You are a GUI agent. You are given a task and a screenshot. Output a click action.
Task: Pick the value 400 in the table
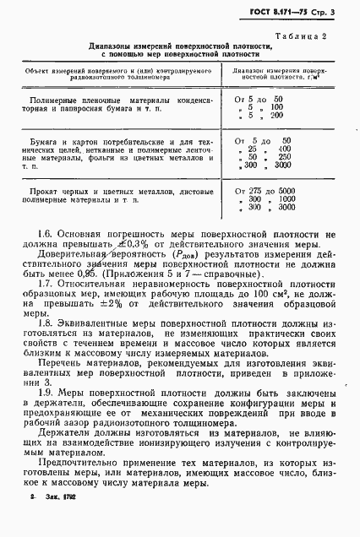click(272, 148)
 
